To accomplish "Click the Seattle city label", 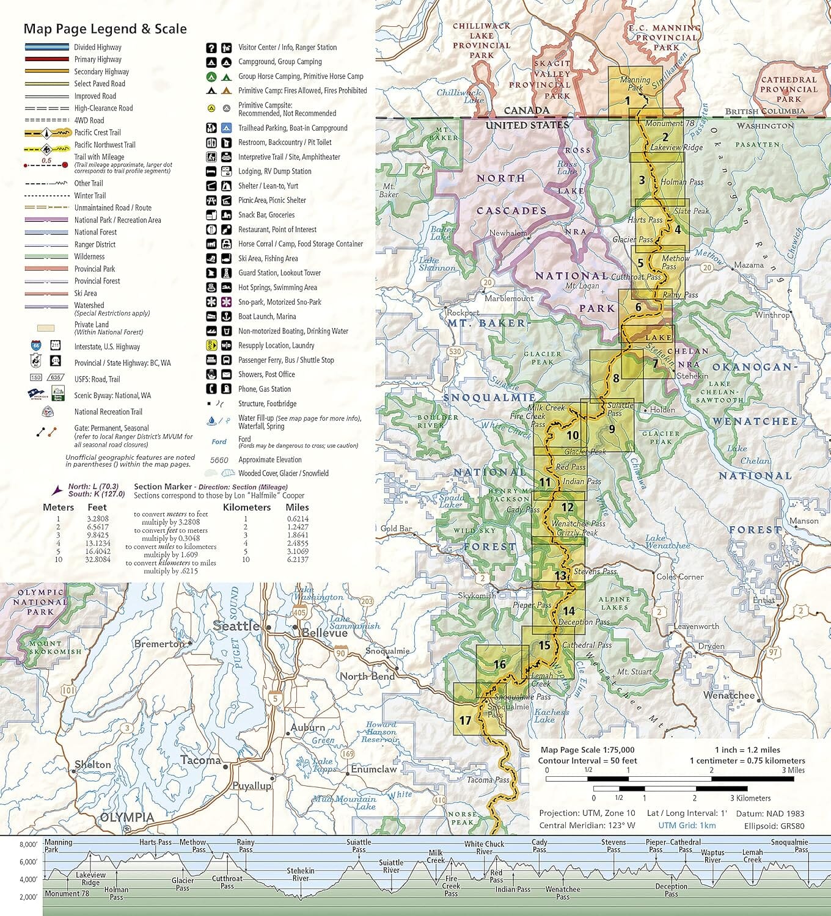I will click(236, 626).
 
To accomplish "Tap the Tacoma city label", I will click(200, 760).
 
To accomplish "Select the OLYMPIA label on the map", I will click(127, 817).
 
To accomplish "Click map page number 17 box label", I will click(465, 721).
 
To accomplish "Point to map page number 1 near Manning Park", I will click(627, 101).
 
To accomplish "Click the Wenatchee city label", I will click(729, 696).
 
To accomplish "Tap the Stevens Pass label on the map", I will click(595, 572).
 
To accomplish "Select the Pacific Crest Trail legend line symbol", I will click(47, 133).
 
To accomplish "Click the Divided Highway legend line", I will click(47, 47).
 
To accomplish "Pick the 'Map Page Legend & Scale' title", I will click(105, 29).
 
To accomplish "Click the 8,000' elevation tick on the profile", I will click(28, 845).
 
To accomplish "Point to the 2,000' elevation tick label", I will click(28, 897).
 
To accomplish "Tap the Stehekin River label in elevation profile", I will click(301, 874).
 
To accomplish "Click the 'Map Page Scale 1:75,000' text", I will click(587, 750).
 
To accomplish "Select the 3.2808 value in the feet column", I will click(98, 518).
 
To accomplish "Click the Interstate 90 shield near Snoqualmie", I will click(340, 653).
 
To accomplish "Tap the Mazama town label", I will click(749, 265).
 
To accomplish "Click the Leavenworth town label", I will click(696, 627).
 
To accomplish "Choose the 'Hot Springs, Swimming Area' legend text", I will click(277, 288).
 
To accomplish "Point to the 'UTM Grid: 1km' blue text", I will click(687, 826).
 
